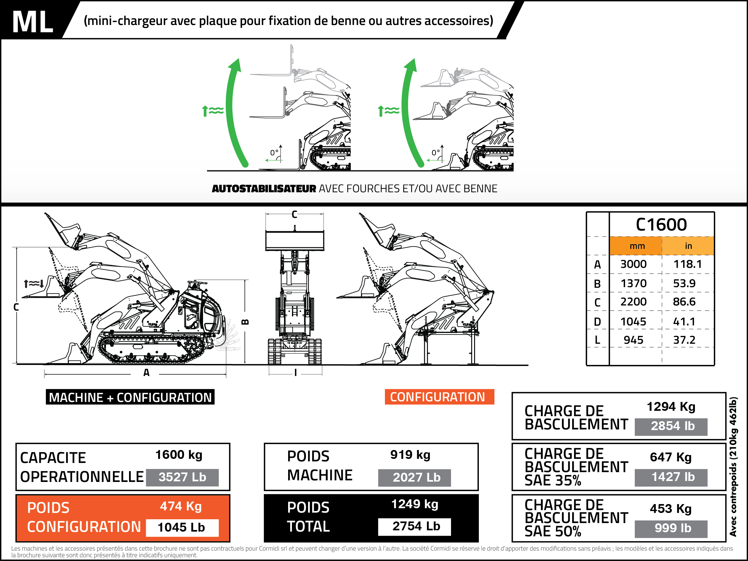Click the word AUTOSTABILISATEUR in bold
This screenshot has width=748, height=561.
coord(264,189)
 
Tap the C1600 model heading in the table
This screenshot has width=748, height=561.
coord(661,225)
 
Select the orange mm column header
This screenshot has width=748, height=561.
coord(637,246)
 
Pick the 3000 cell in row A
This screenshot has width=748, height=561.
coord(634,264)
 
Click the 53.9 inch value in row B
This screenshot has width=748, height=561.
coord(684,283)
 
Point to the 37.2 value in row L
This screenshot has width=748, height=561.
coord(684,340)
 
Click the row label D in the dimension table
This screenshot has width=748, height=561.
coord(597,322)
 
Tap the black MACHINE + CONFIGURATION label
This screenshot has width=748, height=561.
coord(130,397)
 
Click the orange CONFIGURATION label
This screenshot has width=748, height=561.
coord(438,397)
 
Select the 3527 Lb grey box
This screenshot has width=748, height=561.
coord(182,477)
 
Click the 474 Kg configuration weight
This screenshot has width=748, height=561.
coord(181,506)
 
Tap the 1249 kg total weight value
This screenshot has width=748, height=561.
coord(415,504)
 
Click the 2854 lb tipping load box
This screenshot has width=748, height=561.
coord(673,426)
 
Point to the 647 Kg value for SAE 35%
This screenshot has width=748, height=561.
coord(671,457)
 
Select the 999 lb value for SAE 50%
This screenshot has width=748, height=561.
coord(673,528)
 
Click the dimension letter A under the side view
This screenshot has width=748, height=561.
coord(146,373)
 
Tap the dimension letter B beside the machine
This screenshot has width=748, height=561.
coord(245,322)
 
